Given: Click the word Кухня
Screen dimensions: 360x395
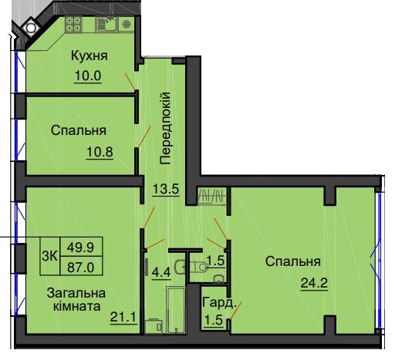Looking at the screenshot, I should coord(89,56).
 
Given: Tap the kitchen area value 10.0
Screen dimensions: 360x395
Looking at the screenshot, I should coord(89,76).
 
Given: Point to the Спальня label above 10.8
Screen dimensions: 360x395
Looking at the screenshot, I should coord(79,130).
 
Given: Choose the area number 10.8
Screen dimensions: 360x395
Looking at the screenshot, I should coord(100,151).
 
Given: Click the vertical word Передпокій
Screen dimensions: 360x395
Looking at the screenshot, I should coord(165,128).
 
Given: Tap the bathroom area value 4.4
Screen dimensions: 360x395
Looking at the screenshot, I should coord(161,271).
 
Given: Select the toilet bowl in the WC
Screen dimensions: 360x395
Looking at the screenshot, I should coord(200,267).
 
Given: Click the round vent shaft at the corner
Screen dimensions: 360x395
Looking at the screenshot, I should coord(30,27).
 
